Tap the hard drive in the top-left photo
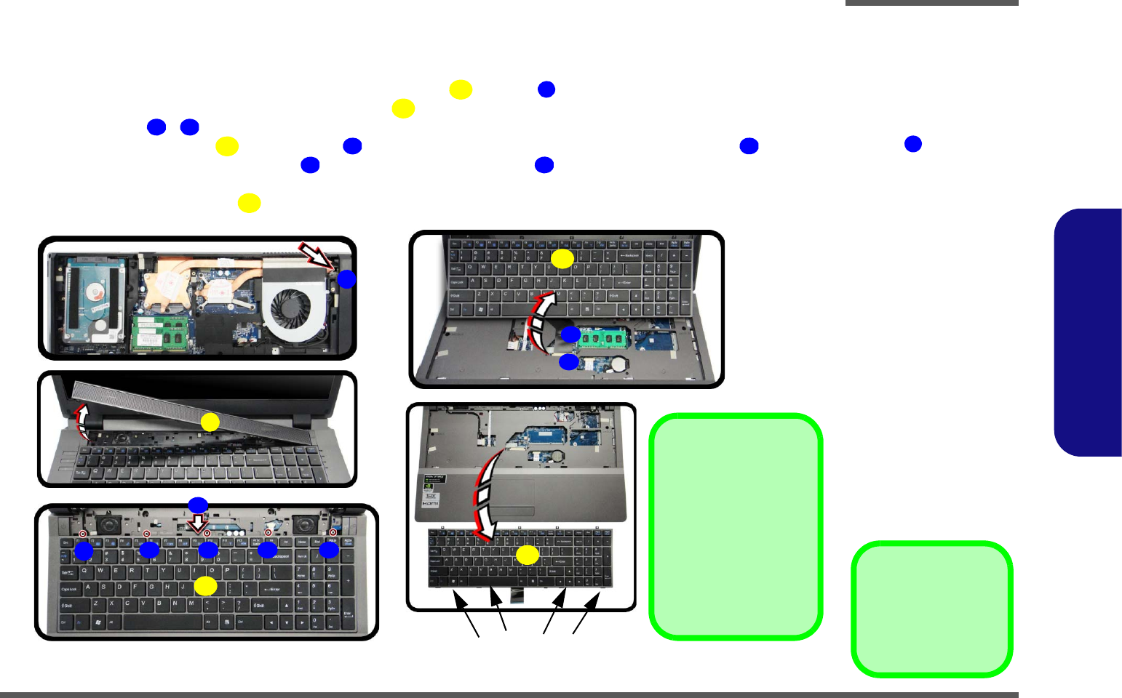[x=92, y=300]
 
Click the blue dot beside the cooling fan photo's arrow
[x=346, y=278]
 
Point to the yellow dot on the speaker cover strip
[x=210, y=422]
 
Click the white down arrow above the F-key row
[x=198, y=523]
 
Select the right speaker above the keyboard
[x=304, y=523]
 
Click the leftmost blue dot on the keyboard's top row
[x=84, y=551]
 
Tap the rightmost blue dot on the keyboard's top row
[x=329, y=550]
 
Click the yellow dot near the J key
[x=205, y=586]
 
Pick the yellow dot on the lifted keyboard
[x=562, y=258]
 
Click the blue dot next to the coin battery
[x=568, y=361]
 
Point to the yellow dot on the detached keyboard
[x=527, y=555]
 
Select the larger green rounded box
[x=736, y=526]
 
